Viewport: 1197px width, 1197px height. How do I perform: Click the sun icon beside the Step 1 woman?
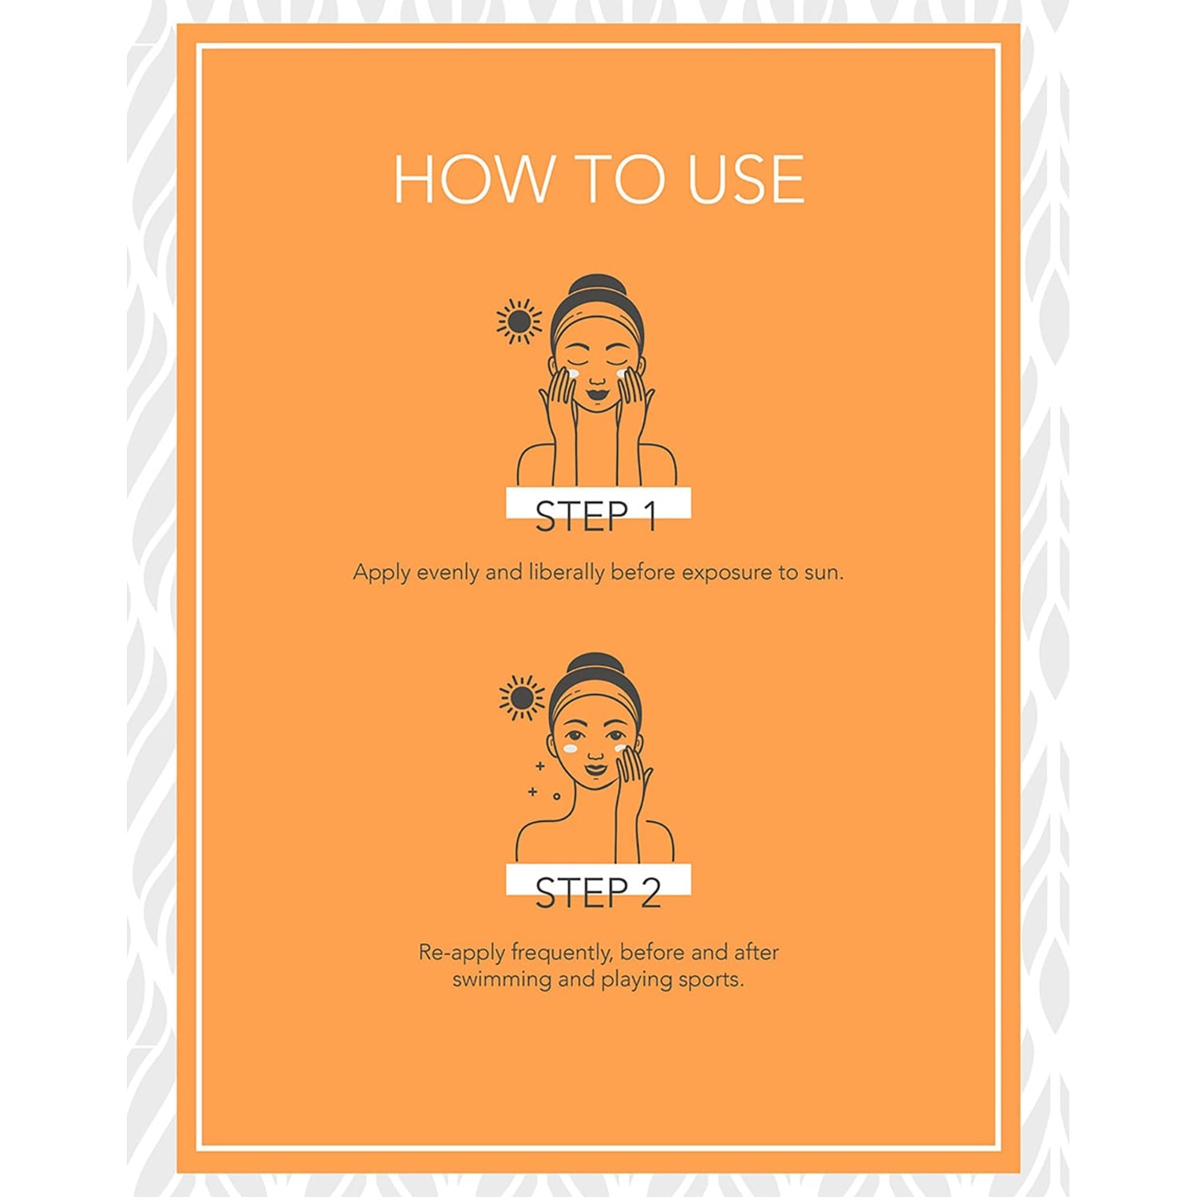519,321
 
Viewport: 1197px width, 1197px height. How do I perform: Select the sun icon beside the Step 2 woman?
522,698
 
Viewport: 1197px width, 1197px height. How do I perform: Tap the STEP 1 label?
597,516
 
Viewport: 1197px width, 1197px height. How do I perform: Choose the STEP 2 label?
598,893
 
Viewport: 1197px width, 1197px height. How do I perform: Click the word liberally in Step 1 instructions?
567,572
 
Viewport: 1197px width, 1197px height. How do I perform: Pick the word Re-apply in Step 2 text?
461,952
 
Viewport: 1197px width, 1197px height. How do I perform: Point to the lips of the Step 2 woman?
595,770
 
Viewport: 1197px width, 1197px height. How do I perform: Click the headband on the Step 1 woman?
597,322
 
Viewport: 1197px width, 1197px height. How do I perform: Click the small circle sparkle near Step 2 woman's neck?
556,796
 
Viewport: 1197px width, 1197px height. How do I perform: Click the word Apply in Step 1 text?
381,573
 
